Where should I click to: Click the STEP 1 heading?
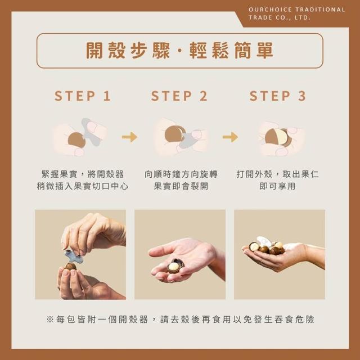(83, 96)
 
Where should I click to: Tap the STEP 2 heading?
(179, 96)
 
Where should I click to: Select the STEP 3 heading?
(277, 96)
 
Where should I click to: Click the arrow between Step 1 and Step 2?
(129, 137)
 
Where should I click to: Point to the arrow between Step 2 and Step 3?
(230, 137)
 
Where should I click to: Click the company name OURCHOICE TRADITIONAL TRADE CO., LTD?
(297, 13)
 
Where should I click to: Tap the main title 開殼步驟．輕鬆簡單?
(179, 50)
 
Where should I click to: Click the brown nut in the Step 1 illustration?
(76, 140)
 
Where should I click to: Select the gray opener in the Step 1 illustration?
(91, 132)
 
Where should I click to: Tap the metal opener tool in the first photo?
(74, 256)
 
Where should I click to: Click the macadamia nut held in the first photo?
(70, 267)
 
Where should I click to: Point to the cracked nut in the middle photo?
(175, 266)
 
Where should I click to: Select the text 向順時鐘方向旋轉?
(181, 174)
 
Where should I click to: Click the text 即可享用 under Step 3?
(277, 186)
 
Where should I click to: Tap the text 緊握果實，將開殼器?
(83, 174)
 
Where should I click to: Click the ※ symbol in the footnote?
(49, 319)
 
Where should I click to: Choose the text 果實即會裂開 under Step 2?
(181, 186)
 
